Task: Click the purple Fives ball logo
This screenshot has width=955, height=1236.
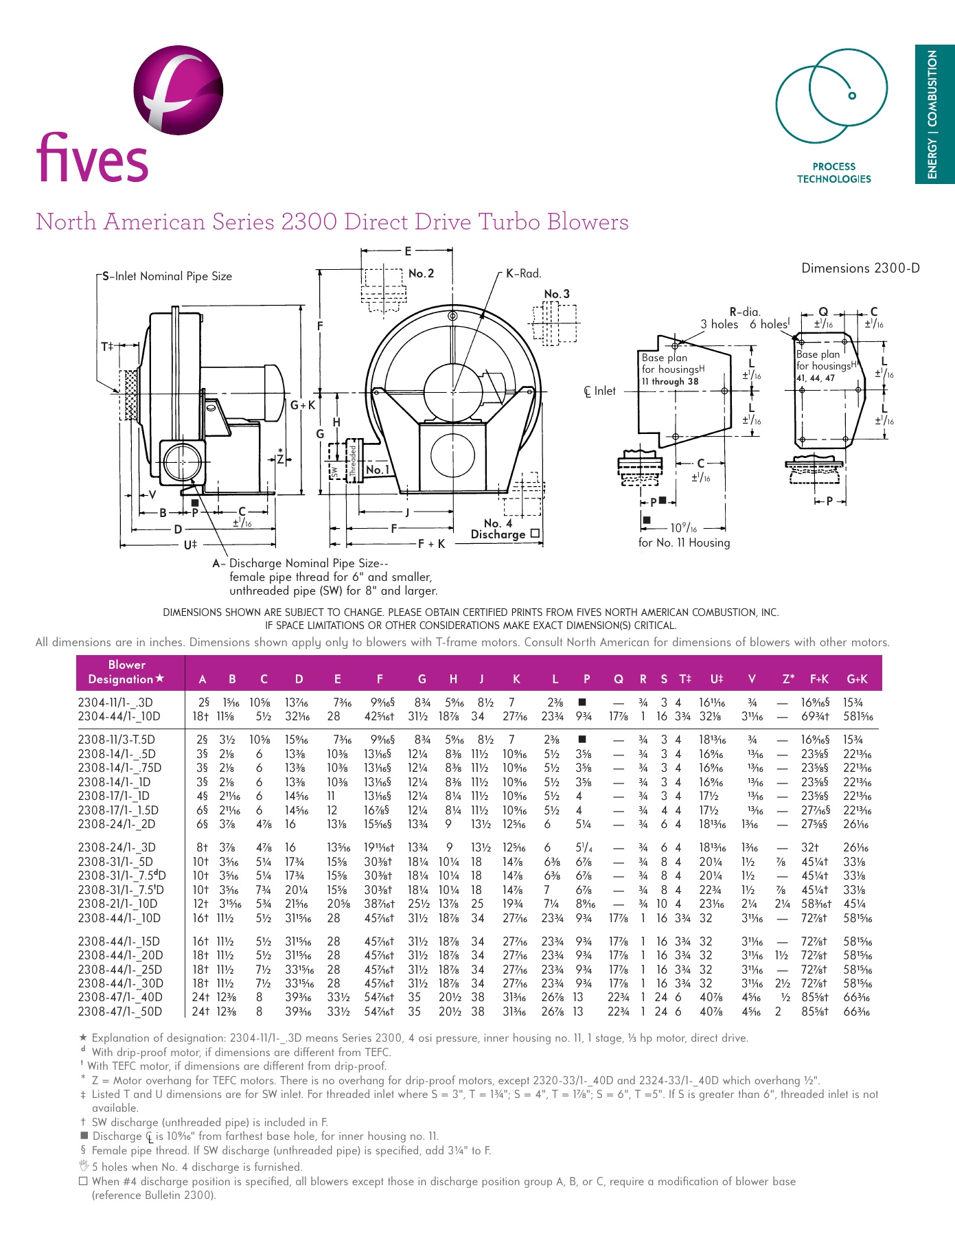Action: [178, 89]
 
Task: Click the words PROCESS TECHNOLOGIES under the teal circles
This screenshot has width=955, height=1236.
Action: [833, 172]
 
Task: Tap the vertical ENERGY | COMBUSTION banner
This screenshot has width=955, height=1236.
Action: [933, 115]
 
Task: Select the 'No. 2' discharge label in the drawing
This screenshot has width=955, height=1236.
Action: [421, 273]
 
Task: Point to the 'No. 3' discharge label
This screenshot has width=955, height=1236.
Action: [557, 294]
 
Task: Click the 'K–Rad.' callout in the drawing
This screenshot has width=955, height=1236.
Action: [524, 273]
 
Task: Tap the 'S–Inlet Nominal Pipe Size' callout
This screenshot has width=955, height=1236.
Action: [168, 276]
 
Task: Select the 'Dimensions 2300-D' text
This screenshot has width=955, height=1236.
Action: [860, 268]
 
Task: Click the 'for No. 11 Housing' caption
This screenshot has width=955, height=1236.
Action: [684, 542]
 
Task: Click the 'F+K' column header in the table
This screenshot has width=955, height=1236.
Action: [819, 679]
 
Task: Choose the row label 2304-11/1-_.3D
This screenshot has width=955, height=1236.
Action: [115, 702]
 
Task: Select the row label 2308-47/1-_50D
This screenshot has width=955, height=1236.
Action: [120, 1011]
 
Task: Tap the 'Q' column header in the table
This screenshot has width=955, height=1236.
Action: [619, 679]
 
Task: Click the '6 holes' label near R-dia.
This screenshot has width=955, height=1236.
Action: [769, 324]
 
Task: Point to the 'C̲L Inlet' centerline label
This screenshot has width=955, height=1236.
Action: [600, 391]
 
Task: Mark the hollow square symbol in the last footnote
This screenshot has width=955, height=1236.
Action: [83, 1181]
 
